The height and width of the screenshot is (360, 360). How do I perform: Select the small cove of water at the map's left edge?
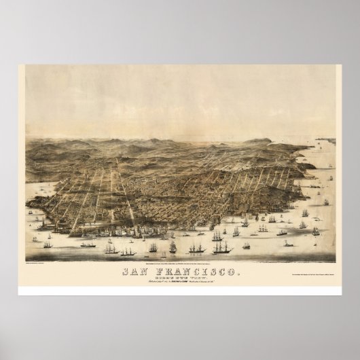[31, 204]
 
